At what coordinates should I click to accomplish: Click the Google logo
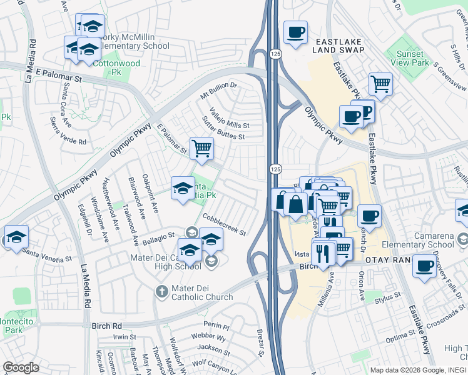[21, 367]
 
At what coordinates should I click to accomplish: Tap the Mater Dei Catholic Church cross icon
[161, 291]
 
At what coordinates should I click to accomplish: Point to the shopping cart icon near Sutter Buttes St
[201, 149]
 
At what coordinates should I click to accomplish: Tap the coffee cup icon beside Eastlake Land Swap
[295, 32]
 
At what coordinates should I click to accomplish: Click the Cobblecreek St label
[224, 224]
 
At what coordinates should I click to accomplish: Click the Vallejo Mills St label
[225, 117]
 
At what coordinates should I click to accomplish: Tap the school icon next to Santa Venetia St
[16, 237]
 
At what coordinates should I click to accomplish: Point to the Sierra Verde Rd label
[68, 139]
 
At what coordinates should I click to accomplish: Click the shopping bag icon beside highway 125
[295, 203]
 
